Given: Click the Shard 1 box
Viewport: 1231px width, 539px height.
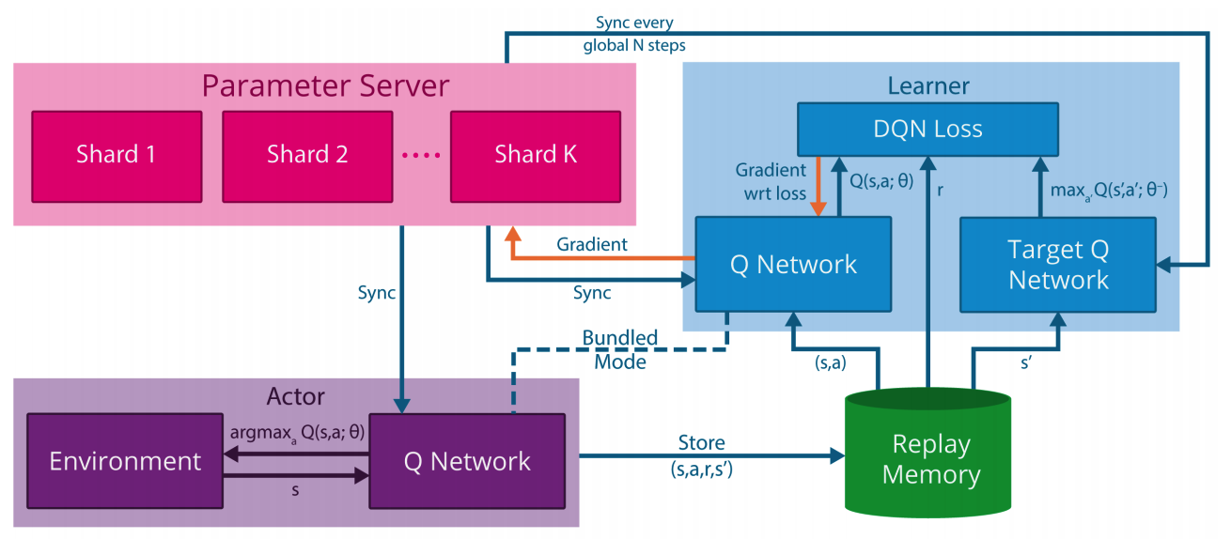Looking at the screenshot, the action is [x=117, y=157].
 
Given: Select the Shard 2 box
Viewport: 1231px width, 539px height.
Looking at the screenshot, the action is [x=308, y=157].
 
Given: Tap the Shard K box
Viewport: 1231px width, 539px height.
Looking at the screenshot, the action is [x=536, y=157].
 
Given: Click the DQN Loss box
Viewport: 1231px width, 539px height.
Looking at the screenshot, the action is [x=927, y=130].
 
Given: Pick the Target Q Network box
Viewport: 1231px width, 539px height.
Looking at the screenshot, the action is [x=1058, y=265].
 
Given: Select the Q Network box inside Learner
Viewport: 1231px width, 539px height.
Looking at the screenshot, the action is [x=793, y=264].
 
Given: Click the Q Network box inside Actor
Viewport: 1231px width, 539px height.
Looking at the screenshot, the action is [x=467, y=461].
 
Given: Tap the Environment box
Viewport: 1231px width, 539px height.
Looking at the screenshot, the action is [x=125, y=461].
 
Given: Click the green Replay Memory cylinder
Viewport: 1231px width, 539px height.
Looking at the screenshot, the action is [x=928, y=453].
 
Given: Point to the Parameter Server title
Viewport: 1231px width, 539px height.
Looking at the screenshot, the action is [x=325, y=85].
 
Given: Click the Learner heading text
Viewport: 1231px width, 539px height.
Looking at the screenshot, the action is [x=928, y=85].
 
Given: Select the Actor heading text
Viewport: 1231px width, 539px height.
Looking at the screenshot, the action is [x=296, y=396].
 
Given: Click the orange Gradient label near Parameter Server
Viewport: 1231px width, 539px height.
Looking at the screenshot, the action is [x=592, y=244].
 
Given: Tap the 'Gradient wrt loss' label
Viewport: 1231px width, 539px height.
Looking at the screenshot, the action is [x=771, y=182].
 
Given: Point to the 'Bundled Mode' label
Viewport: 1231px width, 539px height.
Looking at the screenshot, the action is [x=620, y=349].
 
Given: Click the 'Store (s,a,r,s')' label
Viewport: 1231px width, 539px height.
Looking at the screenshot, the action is [x=702, y=455].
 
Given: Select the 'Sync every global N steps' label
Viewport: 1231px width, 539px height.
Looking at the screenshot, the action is [x=634, y=34].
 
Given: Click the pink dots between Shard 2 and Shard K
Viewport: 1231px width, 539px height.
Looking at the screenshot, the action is [x=422, y=156].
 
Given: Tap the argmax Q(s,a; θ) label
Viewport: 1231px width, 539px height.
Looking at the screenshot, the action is [x=297, y=433].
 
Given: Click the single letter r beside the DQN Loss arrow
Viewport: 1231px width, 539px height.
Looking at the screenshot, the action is [x=941, y=191].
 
